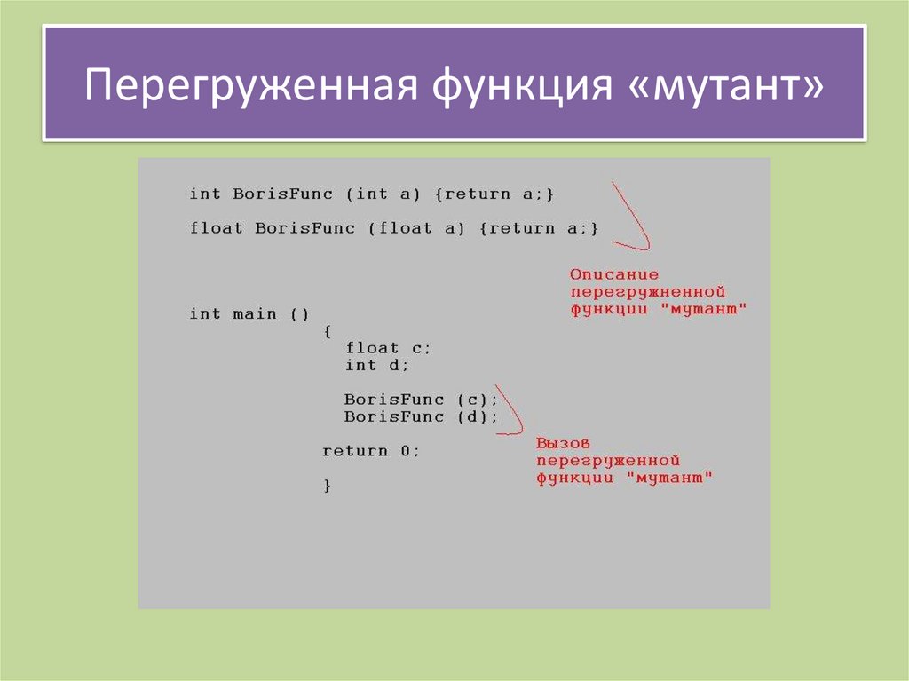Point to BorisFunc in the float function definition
click(x=305, y=228)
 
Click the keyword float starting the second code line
click(x=216, y=228)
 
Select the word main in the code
click(x=254, y=313)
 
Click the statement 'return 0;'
click(x=370, y=451)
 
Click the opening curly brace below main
click(x=328, y=331)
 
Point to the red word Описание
click(x=614, y=274)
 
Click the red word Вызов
click(x=564, y=443)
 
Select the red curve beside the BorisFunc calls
click(x=511, y=411)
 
